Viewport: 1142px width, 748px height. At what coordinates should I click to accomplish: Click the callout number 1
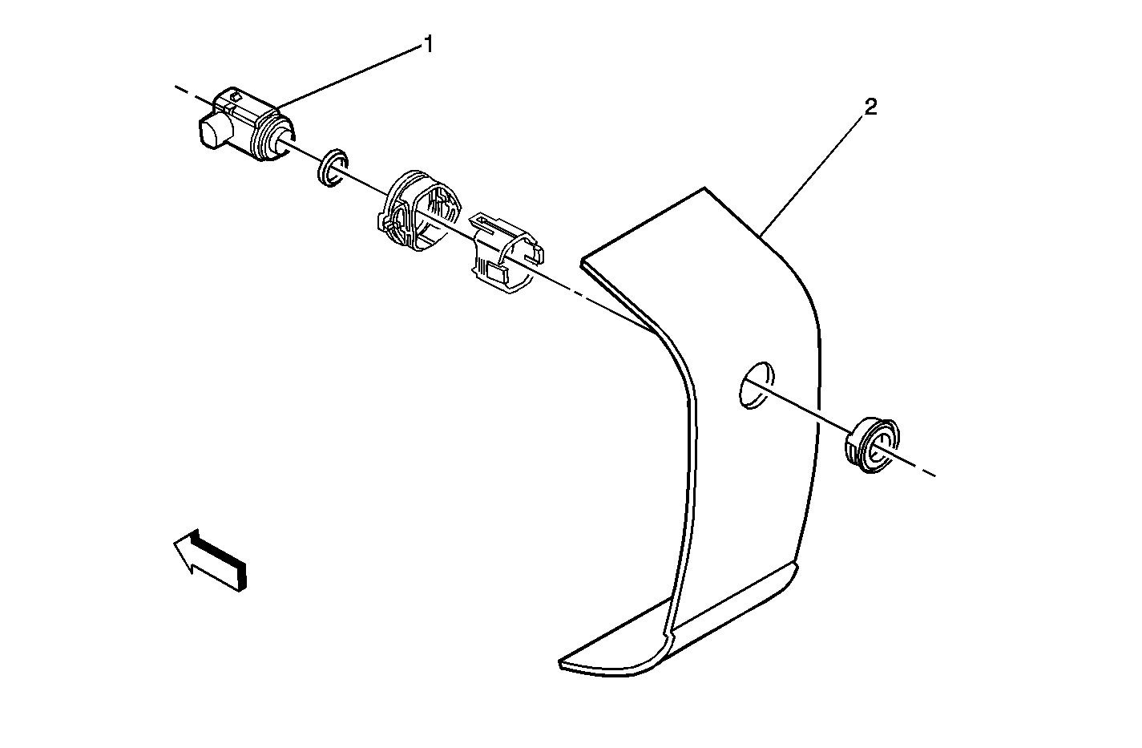[x=429, y=44]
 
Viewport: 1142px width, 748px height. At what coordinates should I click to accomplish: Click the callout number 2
[x=870, y=107]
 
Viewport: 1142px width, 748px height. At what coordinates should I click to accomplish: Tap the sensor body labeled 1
[x=246, y=125]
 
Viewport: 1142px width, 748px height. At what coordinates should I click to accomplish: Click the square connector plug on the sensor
[x=213, y=131]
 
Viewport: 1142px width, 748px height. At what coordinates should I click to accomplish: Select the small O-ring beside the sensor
[x=333, y=168]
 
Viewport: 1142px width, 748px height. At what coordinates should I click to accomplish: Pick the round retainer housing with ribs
[x=419, y=212]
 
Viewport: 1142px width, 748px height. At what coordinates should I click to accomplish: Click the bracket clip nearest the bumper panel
[x=506, y=253]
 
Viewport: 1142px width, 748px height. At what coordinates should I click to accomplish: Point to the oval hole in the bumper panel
[x=757, y=386]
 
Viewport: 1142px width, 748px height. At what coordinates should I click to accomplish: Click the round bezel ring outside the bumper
[x=873, y=446]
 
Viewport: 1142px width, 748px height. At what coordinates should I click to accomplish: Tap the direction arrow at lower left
[x=209, y=560]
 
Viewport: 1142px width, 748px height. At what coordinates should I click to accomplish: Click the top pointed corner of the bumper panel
[x=705, y=188]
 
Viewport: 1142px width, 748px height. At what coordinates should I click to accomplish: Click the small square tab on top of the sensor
[x=236, y=95]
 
